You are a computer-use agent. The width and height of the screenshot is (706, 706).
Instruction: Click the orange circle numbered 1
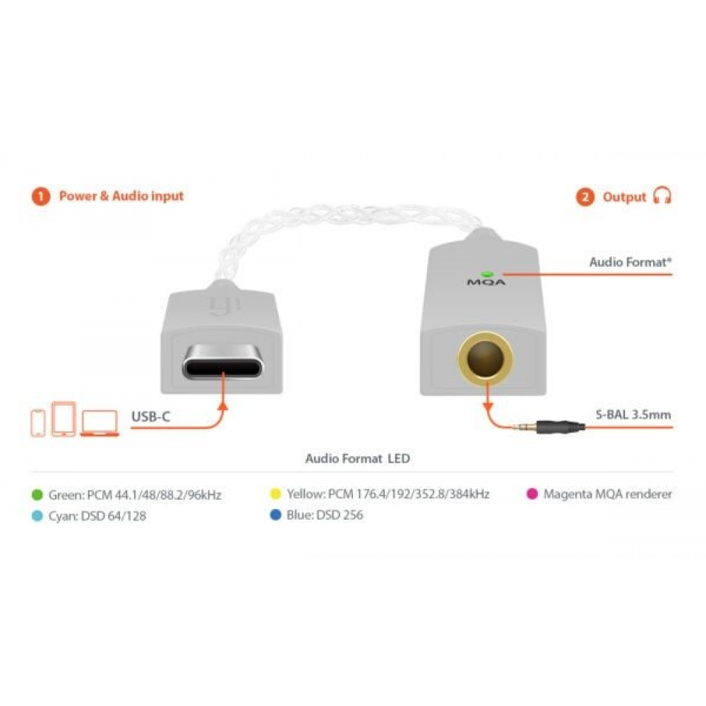point(41,196)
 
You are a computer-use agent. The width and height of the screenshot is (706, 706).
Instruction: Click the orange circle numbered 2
point(585,197)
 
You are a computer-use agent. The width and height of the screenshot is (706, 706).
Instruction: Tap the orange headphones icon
point(662,196)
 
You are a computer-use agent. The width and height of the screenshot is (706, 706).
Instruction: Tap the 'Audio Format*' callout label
point(630,262)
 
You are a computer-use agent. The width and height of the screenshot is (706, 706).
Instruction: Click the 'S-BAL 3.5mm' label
point(633,414)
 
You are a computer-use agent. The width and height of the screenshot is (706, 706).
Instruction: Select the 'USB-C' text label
point(150,416)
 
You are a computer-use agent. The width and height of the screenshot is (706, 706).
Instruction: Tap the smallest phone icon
point(39,421)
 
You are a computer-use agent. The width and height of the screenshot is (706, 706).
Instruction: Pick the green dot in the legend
point(38,494)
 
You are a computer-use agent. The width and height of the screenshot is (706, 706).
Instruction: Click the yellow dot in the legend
point(276,494)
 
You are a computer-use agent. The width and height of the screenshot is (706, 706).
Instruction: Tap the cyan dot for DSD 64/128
point(38,515)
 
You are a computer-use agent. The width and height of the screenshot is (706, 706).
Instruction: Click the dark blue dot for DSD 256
point(276,515)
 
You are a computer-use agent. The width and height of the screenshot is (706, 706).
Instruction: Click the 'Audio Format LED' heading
point(357,458)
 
